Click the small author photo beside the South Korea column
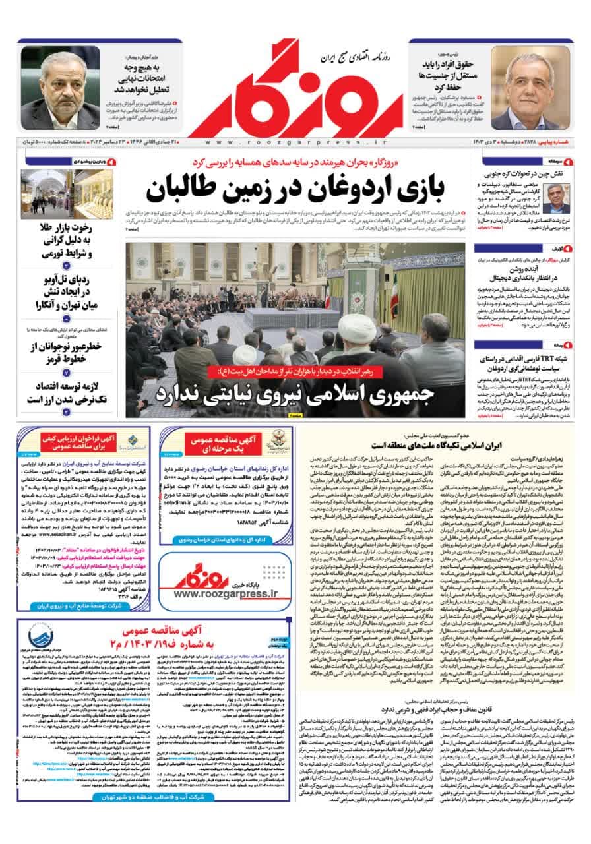tap(564, 196)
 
